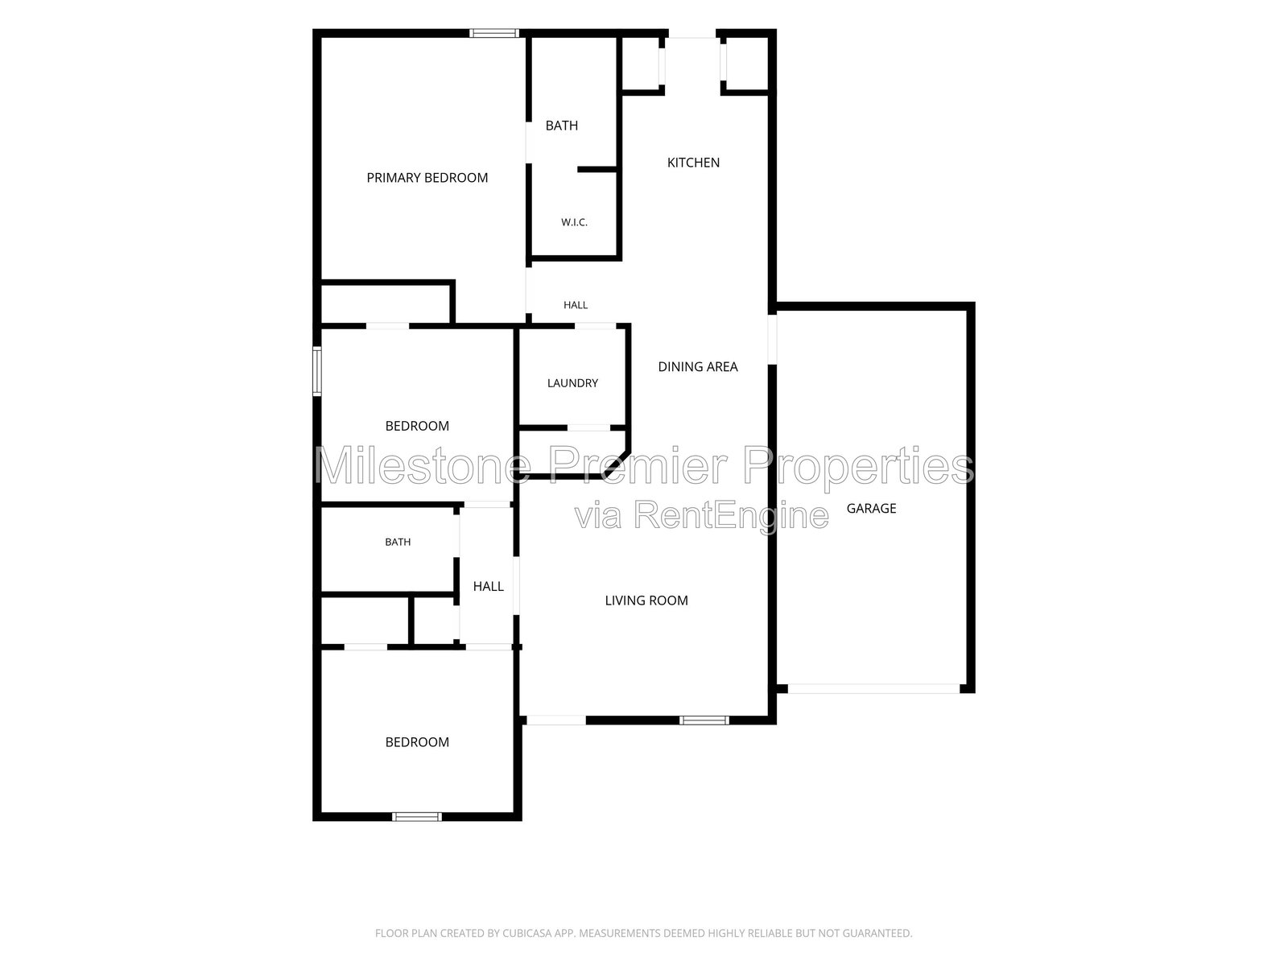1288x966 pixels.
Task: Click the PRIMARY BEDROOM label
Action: coord(427,178)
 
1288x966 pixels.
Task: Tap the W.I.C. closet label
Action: coord(574,222)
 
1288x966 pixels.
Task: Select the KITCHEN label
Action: coord(693,163)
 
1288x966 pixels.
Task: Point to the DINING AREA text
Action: coord(698,366)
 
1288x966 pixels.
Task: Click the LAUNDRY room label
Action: coord(572,383)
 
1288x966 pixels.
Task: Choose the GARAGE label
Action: coord(871,509)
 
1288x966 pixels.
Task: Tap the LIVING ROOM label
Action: coord(646,600)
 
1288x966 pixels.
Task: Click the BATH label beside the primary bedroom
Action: coord(562,126)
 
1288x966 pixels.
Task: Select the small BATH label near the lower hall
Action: coord(398,542)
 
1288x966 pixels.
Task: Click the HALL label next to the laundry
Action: coord(575,305)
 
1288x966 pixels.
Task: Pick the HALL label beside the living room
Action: coord(488,586)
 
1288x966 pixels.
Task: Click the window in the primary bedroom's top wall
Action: coord(494,33)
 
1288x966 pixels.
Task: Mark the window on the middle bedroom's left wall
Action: coord(317,371)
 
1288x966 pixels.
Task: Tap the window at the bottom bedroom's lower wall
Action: coord(417,816)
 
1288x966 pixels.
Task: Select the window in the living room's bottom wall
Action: coord(704,720)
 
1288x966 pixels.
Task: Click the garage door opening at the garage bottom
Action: coord(873,688)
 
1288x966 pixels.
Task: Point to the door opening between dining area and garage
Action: coord(772,339)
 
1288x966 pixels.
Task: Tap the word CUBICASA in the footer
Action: coord(527,933)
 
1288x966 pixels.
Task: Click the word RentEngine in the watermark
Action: coord(731,515)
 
